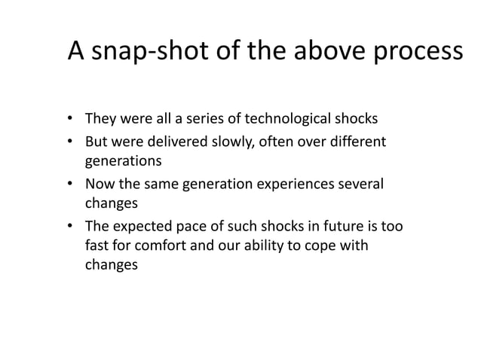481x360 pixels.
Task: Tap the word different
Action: (x=356, y=141)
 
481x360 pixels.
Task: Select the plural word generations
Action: (x=123, y=161)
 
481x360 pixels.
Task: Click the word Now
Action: (x=98, y=184)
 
